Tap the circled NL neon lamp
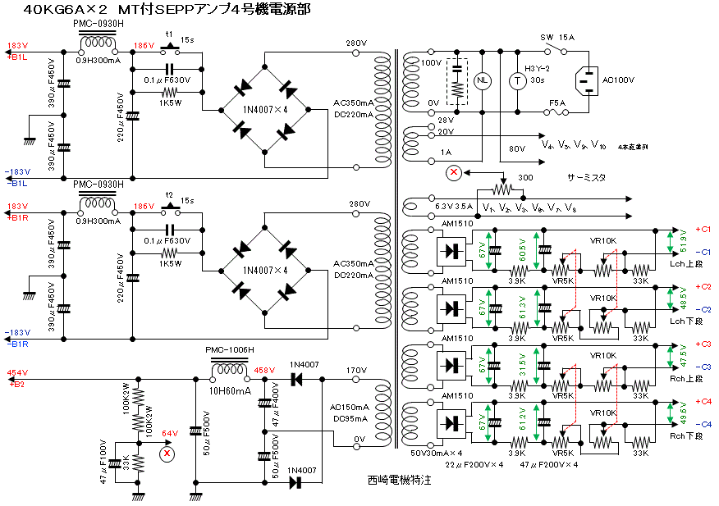pyautogui.click(x=482, y=80)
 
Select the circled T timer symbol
pyautogui.click(x=517, y=80)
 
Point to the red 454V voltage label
pyautogui.click(x=17, y=373)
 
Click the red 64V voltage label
pyautogui.click(x=169, y=433)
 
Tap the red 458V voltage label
pyautogui.click(x=264, y=371)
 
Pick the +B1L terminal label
pyautogui.click(x=17, y=57)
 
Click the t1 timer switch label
pyautogui.click(x=170, y=34)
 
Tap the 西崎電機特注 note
pyautogui.click(x=399, y=480)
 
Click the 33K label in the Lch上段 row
pyautogui.click(x=640, y=280)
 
